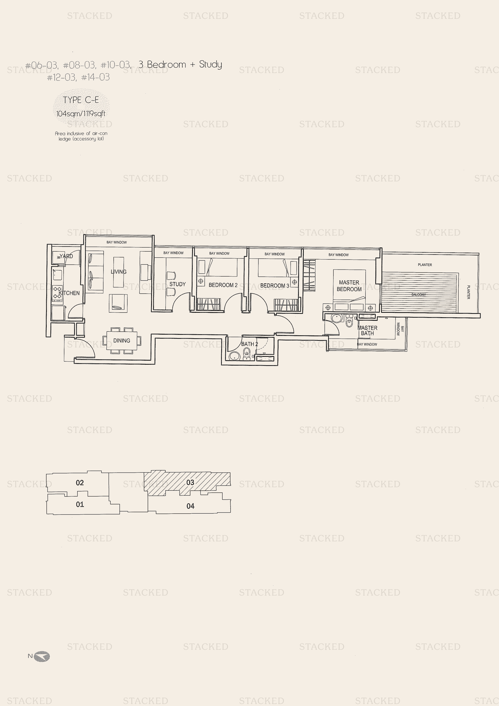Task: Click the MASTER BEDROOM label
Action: coord(349,286)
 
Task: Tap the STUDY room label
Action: coord(177,284)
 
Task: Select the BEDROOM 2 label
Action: coord(223,285)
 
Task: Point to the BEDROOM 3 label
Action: coord(275,286)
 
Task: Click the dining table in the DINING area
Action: coord(122,340)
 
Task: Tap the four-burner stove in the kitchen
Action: coord(57,292)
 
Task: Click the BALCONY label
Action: coord(419,295)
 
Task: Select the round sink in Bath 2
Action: coord(235,356)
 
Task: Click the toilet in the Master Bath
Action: coord(349,321)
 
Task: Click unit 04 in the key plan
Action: coord(190,506)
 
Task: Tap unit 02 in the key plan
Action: coord(80,482)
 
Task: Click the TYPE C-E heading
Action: coord(81,100)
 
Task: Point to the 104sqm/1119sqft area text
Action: coord(81,114)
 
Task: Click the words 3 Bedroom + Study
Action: coord(180,65)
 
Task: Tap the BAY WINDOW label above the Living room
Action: coord(117,242)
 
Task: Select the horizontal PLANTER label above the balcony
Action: coord(425,265)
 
